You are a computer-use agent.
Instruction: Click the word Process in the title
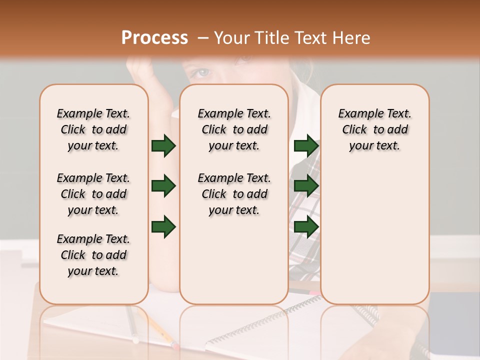[154, 38]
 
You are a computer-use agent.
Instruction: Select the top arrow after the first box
[163, 146]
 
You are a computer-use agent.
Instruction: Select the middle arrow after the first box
[163, 186]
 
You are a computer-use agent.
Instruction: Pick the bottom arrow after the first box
[163, 227]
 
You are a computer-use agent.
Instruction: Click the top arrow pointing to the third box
[306, 146]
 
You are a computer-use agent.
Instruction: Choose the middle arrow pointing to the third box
[306, 186]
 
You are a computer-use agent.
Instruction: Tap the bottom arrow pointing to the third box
[306, 227]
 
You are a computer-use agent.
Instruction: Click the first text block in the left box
[93, 129]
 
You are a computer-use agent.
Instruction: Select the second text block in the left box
[93, 194]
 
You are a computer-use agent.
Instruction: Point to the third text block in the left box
[93, 255]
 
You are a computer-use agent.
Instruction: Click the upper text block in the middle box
[234, 129]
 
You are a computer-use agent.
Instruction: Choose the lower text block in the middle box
[234, 194]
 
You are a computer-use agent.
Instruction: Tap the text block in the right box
[374, 129]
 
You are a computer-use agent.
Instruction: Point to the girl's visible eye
[202, 73]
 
